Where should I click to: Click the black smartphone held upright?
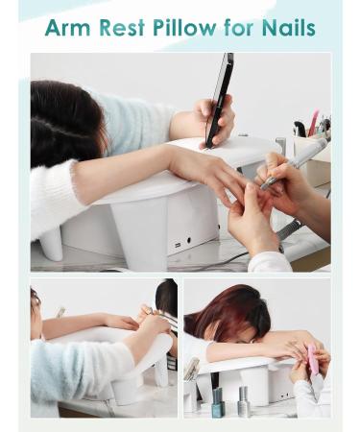coord(219,99)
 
